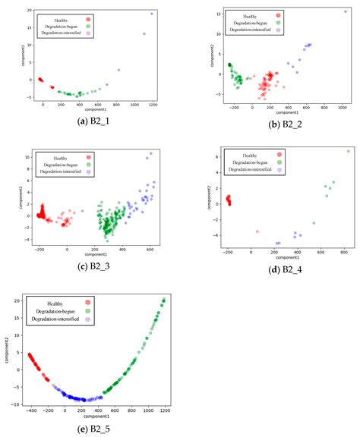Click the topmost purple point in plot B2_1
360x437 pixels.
coord(152,14)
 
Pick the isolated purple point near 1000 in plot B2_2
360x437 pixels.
coord(345,11)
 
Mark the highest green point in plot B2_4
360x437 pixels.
coord(349,151)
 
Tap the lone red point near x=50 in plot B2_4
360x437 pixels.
coord(257,231)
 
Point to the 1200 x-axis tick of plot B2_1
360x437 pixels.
coord(152,105)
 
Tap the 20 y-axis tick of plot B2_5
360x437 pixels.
coord(19,301)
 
